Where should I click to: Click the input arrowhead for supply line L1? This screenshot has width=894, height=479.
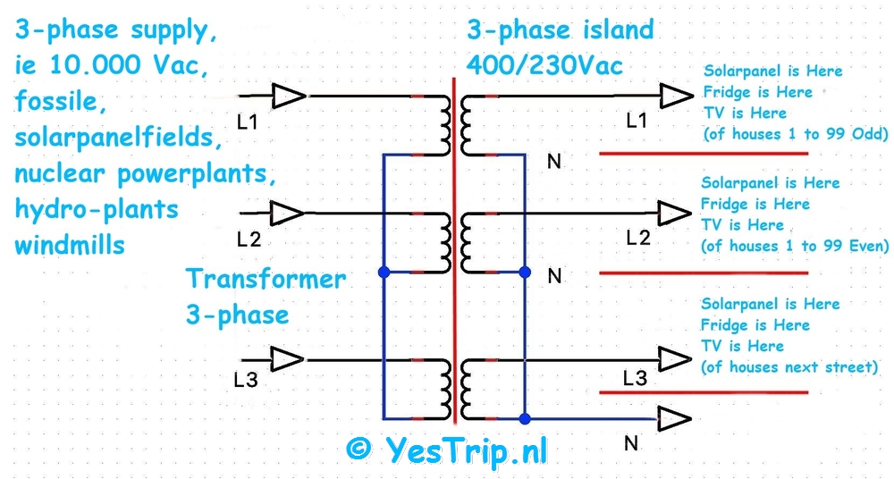tap(288, 95)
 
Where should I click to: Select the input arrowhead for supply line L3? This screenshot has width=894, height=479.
tap(287, 360)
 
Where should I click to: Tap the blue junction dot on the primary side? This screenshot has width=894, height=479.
tap(383, 272)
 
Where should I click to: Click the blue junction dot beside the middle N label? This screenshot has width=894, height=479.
tap(525, 272)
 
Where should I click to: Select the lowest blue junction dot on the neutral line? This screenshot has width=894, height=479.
tap(525, 418)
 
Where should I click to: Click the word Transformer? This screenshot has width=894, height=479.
tap(266, 279)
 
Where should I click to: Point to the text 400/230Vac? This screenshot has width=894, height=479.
tap(543, 64)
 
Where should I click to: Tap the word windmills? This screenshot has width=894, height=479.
tap(69, 244)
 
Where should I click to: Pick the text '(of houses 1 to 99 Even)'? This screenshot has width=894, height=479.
tap(795, 246)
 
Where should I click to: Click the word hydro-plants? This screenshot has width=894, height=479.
tap(97, 209)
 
